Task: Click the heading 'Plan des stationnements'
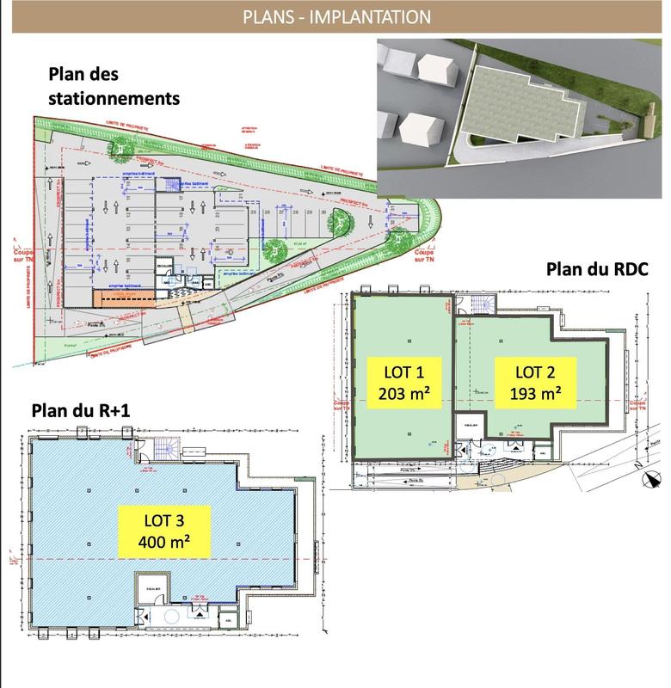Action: [x=114, y=87]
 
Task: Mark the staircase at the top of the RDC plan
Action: [x=478, y=304]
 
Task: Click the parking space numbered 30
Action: [x=321, y=210]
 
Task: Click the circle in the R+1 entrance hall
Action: [x=170, y=616]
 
